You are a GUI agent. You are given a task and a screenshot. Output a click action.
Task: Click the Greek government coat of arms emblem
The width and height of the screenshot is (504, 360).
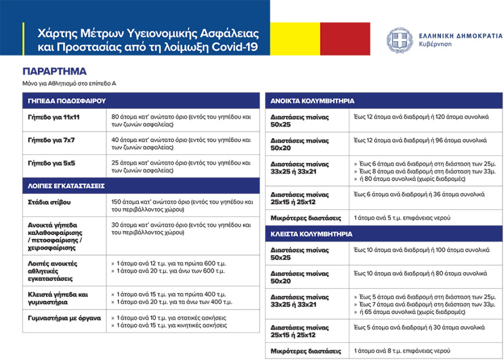[x=399, y=41]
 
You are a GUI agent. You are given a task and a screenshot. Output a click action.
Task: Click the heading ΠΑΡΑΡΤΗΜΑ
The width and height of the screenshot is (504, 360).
[x=54, y=72]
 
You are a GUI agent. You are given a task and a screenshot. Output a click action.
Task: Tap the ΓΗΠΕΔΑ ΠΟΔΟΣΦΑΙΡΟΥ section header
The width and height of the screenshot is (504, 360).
[x=66, y=100]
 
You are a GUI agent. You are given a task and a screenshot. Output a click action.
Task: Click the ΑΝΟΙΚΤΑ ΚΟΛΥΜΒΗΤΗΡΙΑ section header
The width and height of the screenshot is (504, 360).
[x=312, y=100]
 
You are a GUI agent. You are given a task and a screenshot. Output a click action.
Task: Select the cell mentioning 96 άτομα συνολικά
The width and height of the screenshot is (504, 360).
[x=420, y=140]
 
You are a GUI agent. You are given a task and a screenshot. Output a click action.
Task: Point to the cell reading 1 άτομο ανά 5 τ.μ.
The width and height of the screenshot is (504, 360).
[x=402, y=218]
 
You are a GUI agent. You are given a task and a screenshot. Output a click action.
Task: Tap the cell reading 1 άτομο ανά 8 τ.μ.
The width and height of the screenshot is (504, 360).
[x=402, y=350]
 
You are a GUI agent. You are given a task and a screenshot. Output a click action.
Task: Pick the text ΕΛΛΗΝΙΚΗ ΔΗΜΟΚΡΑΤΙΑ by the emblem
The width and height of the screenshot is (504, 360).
[x=454, y=35]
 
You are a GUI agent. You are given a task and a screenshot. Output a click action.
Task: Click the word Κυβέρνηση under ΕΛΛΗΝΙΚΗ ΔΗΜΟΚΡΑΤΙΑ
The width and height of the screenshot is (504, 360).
[x=435, y=44]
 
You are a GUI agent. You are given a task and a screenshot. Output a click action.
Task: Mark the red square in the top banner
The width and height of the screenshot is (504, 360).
[x=345, y=39]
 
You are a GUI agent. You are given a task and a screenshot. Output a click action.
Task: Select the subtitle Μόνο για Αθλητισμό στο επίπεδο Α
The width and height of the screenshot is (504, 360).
[x=69, y=84]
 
